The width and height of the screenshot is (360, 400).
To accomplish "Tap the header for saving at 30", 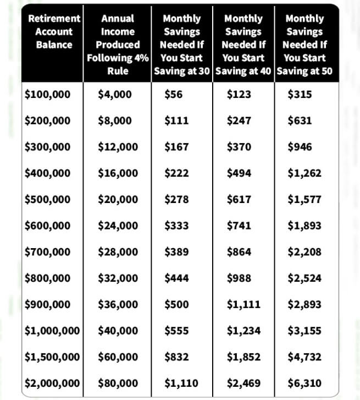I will [182, 45].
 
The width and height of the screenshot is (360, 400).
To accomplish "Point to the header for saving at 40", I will [243, 45].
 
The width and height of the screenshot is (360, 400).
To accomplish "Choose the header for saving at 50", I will [304, 45].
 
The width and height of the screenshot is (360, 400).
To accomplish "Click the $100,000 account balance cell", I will [48, 94].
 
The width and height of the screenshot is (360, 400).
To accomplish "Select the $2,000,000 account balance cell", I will [53, 383].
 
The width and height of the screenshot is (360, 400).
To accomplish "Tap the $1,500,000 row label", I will [53, 357].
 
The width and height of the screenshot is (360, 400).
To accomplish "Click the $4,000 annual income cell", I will [114, 94].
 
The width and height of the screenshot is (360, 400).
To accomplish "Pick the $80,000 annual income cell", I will [118, 383].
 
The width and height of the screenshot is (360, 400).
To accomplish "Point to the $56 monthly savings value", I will [173, 94].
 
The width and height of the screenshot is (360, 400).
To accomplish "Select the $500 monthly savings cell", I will [176, 304].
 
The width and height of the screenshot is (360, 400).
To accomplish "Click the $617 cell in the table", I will [239, 199].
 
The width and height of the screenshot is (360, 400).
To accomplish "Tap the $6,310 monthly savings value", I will [304, 383].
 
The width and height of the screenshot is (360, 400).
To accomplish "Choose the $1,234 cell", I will [243, 331].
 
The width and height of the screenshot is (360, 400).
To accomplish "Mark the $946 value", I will [300, 147].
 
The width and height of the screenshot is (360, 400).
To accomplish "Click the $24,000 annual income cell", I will [118, 226].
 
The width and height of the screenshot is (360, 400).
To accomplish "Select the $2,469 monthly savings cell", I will [243, 383].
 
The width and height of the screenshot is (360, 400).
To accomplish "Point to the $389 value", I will [176, 252].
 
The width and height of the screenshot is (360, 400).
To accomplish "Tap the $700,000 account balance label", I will [48, 252].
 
